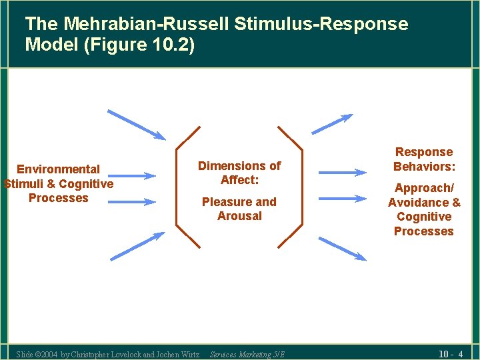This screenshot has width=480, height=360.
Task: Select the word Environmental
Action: coord(58,169)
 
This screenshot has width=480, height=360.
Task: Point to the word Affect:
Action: coord(239,180)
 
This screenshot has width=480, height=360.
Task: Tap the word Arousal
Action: coord(239,216)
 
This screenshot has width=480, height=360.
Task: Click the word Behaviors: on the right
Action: coord(424,167)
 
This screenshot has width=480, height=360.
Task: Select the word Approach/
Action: coord(424,189)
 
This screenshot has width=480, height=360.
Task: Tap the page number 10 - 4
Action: coord(451,353)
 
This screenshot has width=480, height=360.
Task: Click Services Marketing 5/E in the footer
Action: coord(247,354)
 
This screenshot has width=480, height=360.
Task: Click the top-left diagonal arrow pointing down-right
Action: coord(137,125)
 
